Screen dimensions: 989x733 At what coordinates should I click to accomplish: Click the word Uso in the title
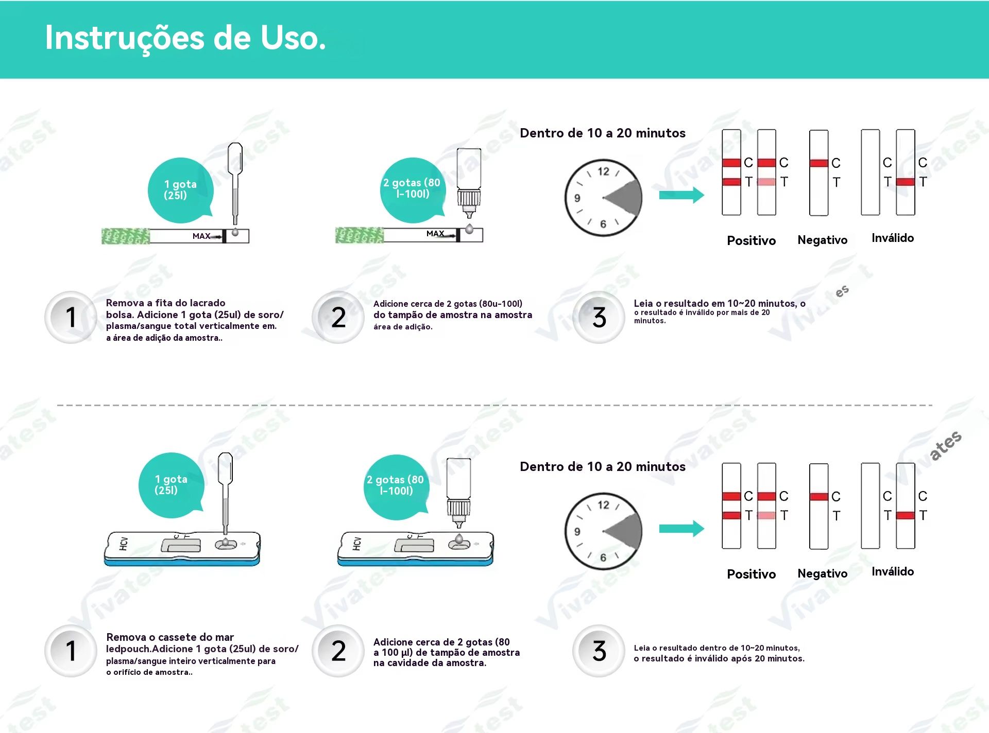(293, 38)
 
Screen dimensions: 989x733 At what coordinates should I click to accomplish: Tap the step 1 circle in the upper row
(71, 317)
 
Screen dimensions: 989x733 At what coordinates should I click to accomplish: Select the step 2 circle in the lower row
(338, 651)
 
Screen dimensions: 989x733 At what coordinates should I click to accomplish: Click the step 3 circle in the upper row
(599, 317)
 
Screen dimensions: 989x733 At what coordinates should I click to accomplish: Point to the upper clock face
(603, 198)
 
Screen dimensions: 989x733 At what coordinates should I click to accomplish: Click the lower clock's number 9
(577, 532)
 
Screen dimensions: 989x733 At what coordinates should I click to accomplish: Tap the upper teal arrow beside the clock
(681, 195)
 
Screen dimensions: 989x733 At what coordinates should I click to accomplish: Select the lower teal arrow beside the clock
(681, 529)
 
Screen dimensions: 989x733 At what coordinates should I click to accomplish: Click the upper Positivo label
(751, 240)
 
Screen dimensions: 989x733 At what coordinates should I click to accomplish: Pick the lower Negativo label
(822, 573)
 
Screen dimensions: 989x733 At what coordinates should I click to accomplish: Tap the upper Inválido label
(893, 238)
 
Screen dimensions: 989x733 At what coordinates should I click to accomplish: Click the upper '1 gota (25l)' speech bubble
(180, 190)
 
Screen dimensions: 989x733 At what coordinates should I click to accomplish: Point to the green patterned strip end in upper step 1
(126, 236)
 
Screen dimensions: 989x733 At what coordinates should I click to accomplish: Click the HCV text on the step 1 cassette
(124, 544)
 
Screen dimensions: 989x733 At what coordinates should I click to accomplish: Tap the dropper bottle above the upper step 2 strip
(469, 183)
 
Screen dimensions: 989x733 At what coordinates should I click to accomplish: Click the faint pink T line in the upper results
(766, 182)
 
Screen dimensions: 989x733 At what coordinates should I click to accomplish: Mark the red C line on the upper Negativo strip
(819, 163)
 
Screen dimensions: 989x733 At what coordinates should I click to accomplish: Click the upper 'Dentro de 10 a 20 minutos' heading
(603, 133)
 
